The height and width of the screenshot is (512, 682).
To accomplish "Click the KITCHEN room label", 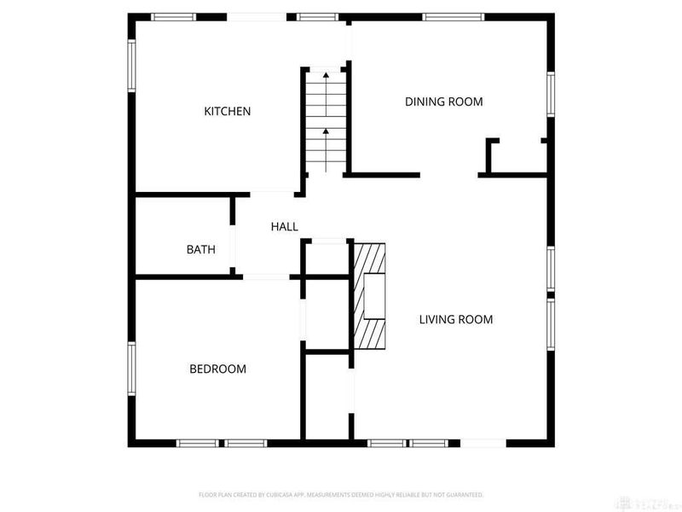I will tap(227, 111).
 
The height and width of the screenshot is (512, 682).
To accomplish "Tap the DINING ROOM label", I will tap(443, 102).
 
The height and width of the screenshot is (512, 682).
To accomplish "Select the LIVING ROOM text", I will tap(456, 320).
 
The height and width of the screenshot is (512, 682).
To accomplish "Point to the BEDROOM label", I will tap(217, 369).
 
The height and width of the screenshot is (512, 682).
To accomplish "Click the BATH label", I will tap(200, 250).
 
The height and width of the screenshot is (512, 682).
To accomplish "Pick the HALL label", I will tap(284, 226).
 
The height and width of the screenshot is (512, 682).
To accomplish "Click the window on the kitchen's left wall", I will tap(132, 65).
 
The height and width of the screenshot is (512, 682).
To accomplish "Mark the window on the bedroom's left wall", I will tap(132, 369).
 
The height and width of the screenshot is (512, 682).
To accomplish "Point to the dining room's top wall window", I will tap(454, 16).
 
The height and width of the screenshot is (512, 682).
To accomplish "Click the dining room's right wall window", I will tap(551, 94).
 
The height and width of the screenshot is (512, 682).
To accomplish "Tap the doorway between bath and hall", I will tap(234, 236).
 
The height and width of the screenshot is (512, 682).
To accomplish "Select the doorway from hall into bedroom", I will tap(265, 276).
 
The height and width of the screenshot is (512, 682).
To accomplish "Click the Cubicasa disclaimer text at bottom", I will tap(341, 494).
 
